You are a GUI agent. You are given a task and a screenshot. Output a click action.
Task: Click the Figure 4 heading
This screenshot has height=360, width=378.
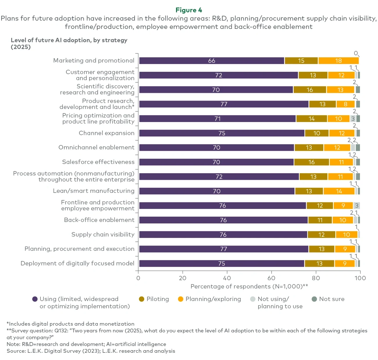(x=189, y=10)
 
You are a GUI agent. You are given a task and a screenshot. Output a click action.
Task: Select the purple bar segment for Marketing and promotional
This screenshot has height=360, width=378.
(x=211, y=61)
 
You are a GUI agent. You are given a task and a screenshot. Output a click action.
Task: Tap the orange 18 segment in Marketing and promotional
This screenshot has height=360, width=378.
(x=338, y=61)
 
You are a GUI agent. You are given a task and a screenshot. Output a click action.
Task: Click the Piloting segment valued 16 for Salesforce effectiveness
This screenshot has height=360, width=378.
(x=311, y=162)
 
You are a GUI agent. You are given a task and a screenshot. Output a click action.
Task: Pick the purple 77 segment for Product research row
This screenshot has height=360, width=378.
(x=224, y=104)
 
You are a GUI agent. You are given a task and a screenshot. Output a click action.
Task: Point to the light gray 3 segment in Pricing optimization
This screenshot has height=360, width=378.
(x=353, y=119)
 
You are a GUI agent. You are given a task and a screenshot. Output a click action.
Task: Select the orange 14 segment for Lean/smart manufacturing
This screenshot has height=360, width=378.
(x=339, y=191)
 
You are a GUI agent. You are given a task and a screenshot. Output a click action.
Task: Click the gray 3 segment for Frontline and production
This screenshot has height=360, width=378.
(x=356, y=206)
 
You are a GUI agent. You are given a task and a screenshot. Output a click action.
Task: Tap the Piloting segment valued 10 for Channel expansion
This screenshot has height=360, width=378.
(x=317, y=133)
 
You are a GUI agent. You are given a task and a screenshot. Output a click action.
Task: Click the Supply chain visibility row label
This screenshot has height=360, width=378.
(x=103, y=234)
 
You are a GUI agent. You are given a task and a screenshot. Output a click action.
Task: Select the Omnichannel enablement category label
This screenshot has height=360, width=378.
(x=97, y=147)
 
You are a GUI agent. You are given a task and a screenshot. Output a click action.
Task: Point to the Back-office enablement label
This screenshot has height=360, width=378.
(x=99, y=220)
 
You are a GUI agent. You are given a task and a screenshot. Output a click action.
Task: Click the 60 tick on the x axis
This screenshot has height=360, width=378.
(x=271, y=278)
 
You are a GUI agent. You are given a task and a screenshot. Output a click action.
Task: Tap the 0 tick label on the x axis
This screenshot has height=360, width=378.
(x=138, y=278)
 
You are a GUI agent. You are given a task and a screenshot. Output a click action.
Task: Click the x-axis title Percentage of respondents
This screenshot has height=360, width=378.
(x=249, y=286)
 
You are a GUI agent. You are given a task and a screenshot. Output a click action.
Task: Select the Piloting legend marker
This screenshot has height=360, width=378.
(x=142, y=299)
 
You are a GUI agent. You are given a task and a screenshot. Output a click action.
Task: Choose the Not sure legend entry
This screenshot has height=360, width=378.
(x=328, y=299)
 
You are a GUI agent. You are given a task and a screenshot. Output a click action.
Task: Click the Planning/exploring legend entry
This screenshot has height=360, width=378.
(x=209, y=299)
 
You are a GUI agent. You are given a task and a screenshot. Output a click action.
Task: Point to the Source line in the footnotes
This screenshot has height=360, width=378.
(x=91, y=351)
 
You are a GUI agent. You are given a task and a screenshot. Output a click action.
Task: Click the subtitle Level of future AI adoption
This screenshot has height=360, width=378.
(x=69, y=44)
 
